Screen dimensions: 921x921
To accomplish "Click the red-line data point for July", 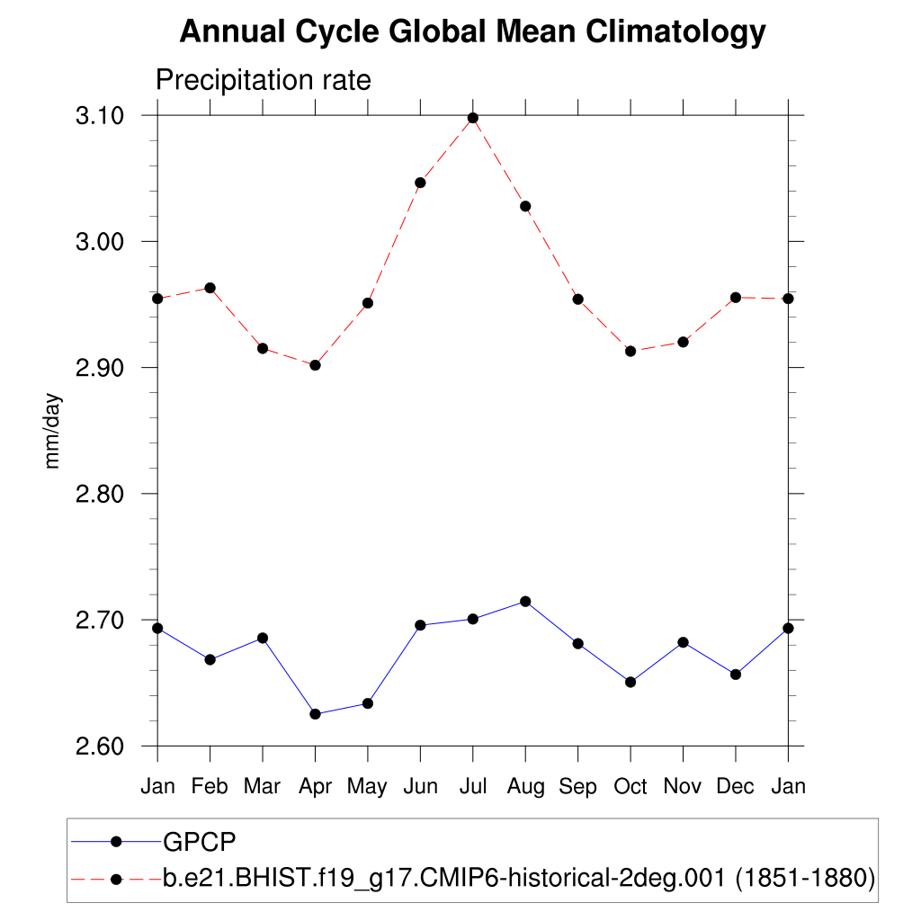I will point(473,118).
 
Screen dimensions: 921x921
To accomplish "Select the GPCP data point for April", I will point(315,714).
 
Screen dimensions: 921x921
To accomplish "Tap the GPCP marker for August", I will point(525,601).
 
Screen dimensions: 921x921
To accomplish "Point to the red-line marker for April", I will point(315,365).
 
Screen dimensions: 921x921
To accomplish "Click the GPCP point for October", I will point(630,682).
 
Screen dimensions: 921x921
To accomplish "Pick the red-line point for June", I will point(420,183).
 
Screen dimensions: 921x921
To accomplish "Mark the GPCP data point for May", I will point(368,703).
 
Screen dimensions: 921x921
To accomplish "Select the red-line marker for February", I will point(210,288).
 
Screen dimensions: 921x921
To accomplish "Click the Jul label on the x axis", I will point(473,787).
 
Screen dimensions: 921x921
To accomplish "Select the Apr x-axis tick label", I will point(315,787).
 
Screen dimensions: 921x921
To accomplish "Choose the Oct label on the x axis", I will point(630,787).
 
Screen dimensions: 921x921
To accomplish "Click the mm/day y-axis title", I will point(53,430).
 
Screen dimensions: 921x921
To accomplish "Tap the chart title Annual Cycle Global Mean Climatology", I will point(472,32).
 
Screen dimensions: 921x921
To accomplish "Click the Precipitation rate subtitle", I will point(264,80).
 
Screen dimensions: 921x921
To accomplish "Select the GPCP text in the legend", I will point(199,842).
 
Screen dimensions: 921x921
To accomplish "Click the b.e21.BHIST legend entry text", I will point(519,878).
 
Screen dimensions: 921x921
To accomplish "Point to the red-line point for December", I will point(736,297).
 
